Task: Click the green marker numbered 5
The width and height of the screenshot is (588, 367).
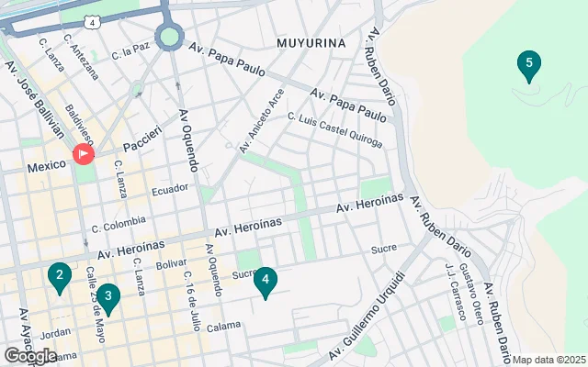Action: (x=528, y=65)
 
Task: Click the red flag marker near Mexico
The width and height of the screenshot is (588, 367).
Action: (x=84, y=154)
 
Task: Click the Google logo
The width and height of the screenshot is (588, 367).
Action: (x=30, y=356)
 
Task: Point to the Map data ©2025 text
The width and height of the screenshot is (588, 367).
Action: (x=548, y=360)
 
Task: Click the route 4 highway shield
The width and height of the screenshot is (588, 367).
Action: (x=93, y=19)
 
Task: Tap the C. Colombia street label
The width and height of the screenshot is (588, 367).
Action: (x=119, y=223)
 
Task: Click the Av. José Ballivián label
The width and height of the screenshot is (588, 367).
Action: (x=35, y=96)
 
